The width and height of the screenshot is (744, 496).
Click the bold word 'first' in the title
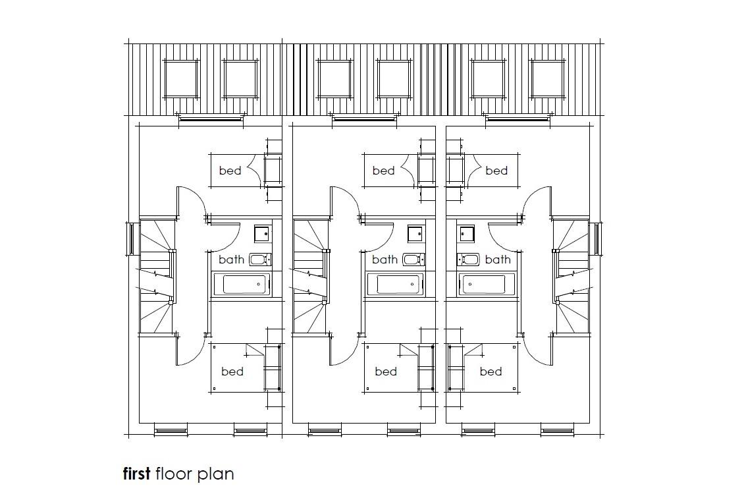tap(137, 474)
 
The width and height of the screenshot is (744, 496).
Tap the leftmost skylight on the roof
tap(181, 79)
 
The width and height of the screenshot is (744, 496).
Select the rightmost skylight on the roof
tap(548, 79)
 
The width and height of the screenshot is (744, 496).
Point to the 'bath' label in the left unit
tap(231, 260)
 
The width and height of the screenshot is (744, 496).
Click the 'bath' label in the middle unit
tap(385, 260)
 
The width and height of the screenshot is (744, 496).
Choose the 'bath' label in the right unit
tap(498, 260)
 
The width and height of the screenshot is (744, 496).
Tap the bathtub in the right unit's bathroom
tap(483, 285)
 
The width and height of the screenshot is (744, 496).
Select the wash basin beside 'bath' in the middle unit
tap(414, 260)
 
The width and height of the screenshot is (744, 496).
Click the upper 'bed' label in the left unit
tap(230, 171)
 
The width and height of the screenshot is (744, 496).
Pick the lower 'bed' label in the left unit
tap(232, 372)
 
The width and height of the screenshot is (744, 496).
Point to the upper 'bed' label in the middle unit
tap(383, 171)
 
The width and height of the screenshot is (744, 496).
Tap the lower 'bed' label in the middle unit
tap(386, 372)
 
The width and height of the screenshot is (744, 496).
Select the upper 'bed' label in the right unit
tap(496, 171)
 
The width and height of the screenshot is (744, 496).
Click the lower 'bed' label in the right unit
tap(491, 372)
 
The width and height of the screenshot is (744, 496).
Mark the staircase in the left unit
tap(157, 275)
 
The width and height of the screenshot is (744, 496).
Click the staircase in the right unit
tap(571, 275)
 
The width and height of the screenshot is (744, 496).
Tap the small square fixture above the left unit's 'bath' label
tap(262, 233)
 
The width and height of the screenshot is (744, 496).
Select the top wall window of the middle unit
tap(365, 119)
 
